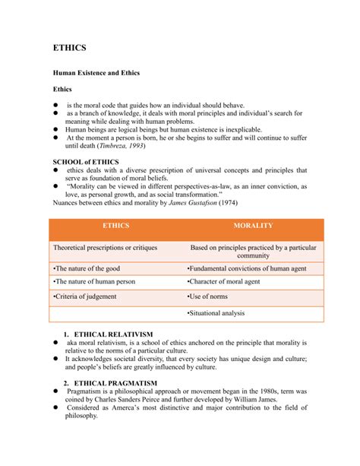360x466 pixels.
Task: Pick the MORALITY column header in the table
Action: pos(253,227)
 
